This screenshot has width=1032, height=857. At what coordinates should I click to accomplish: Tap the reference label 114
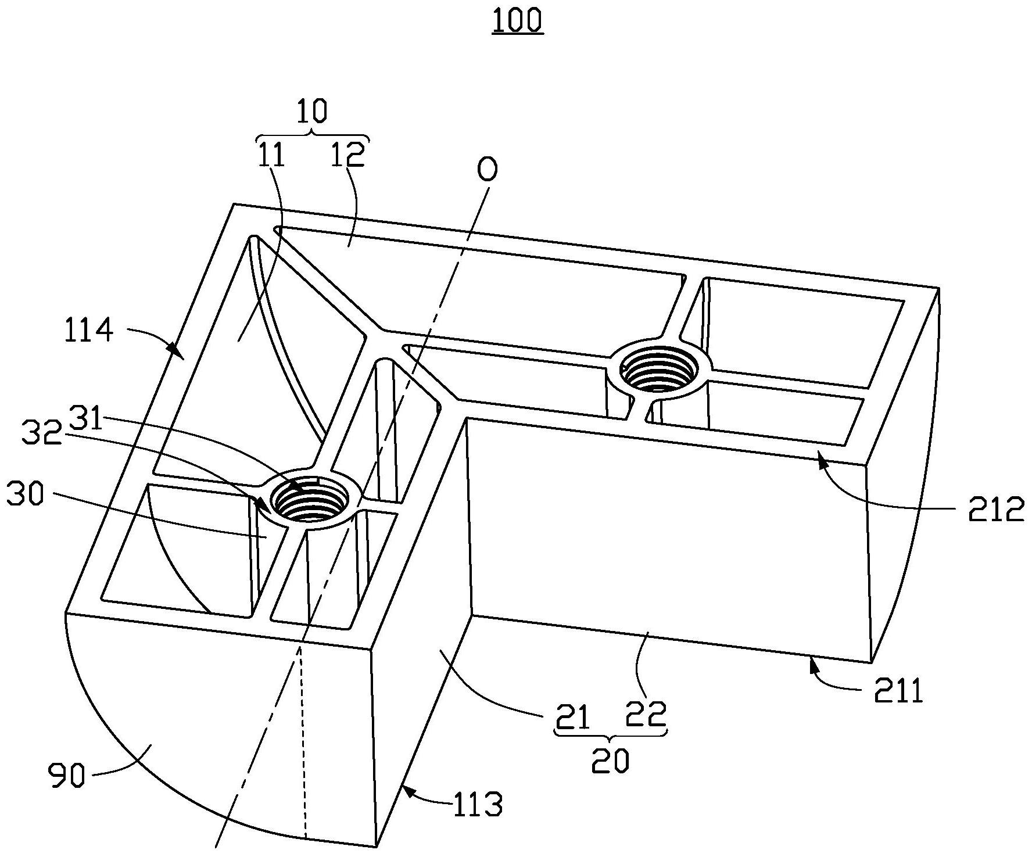point(89,332)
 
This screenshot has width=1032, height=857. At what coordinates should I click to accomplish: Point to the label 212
point(995,511)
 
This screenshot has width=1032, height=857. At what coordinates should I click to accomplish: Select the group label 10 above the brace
point(312,111)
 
